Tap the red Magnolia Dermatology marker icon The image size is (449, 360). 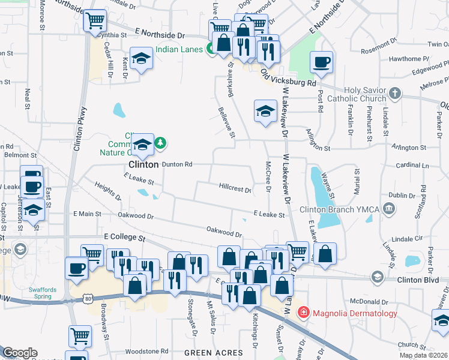pyautogui.click(x=303, y=313)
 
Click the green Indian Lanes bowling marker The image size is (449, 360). pyautogui.click(x=211, y=49)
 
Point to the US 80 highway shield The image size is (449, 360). pyautogui.click(x=88, y=298)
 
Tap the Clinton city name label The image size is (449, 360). pyautogui.click(x=143, y=164)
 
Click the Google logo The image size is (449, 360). pyautogui.click(x=20, y=353)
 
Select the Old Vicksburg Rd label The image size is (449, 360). pyautogui.click(x=288, y=79)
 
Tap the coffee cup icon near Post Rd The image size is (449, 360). pyautogui.click(x=321, y=61)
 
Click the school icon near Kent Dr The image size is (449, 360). pyautogui.click(x=141, y=58)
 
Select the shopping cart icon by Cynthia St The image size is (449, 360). pyautogui.click(x=94, y=21)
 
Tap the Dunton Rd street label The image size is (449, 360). pyautogui.click(x=176, y=164)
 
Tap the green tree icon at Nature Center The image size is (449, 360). pyautogui.click(x=160, y=143)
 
